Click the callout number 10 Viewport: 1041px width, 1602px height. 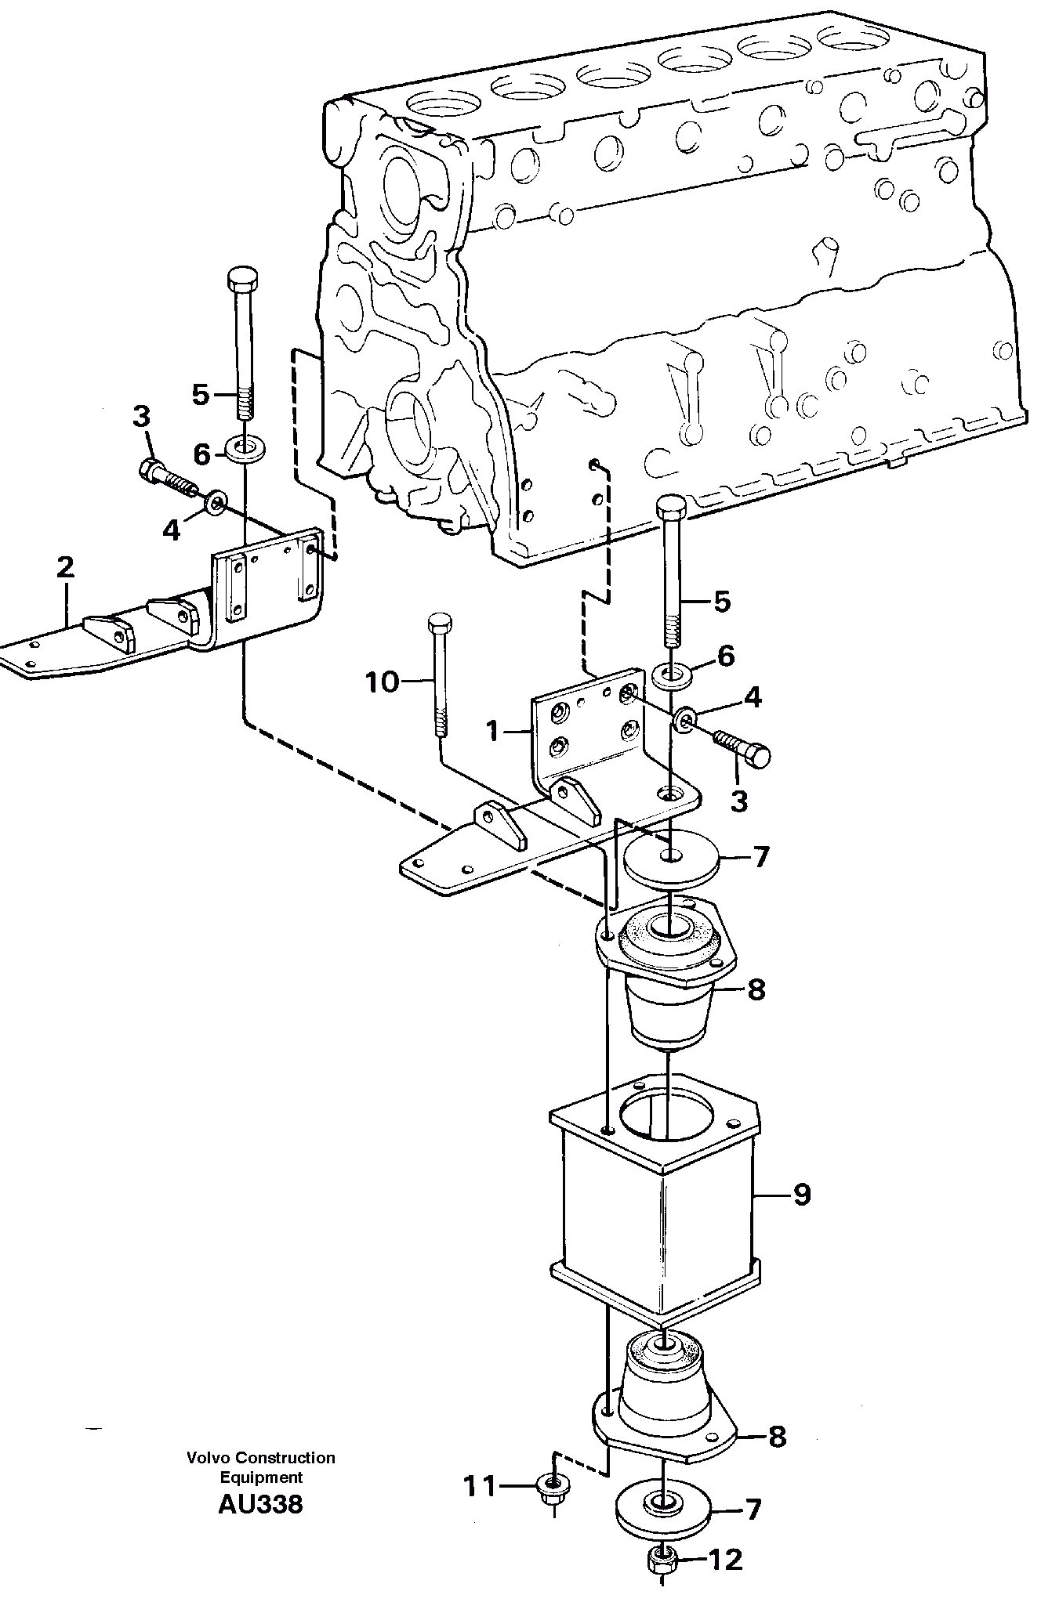382,682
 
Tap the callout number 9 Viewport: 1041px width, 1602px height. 801,1195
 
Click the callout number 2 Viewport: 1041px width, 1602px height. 65,567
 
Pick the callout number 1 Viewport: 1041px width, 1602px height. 492,731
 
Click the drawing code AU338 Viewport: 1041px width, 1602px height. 260,1504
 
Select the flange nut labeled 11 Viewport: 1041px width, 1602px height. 553,1484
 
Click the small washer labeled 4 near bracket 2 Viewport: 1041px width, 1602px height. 216,501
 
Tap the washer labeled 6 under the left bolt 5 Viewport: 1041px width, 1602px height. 245,450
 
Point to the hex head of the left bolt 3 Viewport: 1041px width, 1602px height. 151,470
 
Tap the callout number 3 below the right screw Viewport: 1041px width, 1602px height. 739,800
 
